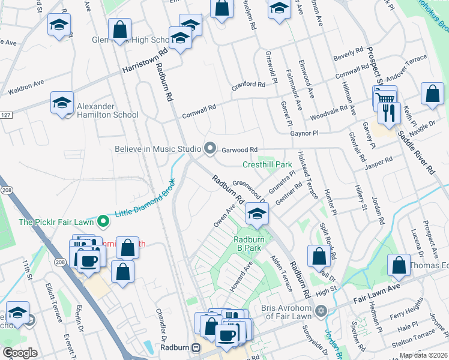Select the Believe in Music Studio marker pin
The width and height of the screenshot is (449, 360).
click(x=209, y=148)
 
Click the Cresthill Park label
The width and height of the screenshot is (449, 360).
click(x=267, y=164)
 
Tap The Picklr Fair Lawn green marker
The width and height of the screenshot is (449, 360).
click(x=103, y=221)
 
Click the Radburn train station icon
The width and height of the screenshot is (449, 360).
click(x=196, y=347)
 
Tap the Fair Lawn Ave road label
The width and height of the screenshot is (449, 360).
click(x=375, y=288)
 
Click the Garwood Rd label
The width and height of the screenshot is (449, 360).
click(x=240, y=149)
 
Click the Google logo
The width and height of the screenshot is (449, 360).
click(x=20, y=352)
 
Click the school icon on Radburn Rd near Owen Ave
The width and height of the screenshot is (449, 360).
click(x=256, y=214)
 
